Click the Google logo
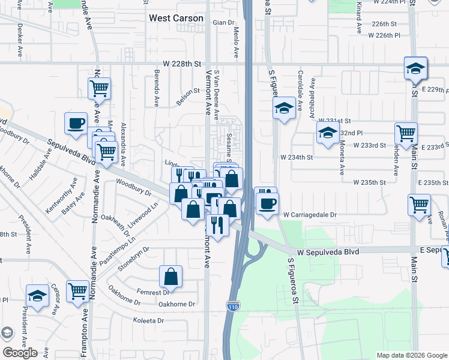(x=20, y=353)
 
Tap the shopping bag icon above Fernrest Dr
(x=171, y=277)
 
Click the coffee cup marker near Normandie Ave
(x=76, y=123)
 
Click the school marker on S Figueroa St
(x=284, y=108)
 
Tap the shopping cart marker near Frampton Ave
(x=78, y=291)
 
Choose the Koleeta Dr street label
(x=148, y=321)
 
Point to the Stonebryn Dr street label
(x=129, y=256)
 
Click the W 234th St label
(x=297, y=157)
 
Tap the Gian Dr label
(x=222, y=23)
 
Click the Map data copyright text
(x=411, y=355)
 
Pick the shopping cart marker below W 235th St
(x=418, y=205)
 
